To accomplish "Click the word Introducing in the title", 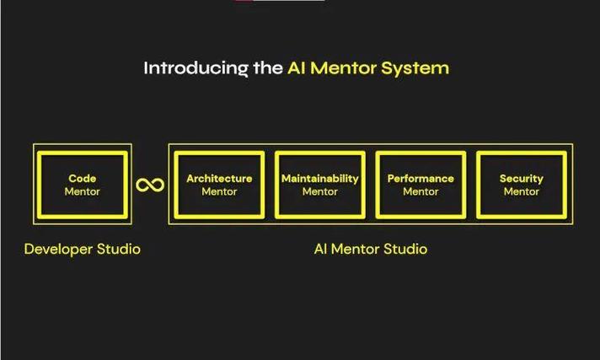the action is (x=196, y=68).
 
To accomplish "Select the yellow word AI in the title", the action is (x=297, y=67).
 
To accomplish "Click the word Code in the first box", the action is (x=83, y=178).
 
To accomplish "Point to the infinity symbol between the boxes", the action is (x=150, y=185).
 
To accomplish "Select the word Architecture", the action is (x=219, y=179).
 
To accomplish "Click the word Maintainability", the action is (x=320, y=179).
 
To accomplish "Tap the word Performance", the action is (x=421, y=179).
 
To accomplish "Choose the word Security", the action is (x=521, y=179).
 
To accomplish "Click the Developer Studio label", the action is (x=83, y=249).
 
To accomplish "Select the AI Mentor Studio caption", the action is (x=371, y=249).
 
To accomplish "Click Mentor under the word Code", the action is (x=83, y=191).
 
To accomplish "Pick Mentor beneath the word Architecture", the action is (x=219, y=191).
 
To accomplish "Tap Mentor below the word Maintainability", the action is (x=320, y=191).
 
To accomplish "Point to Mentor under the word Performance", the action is (x=421, y=191).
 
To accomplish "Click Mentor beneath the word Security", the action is (x=521, y=191).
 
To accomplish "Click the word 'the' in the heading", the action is (x=268, y=67).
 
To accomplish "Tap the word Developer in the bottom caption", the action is (x=58, y=250).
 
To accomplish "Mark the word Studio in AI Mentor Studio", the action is (x=405, y=249).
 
